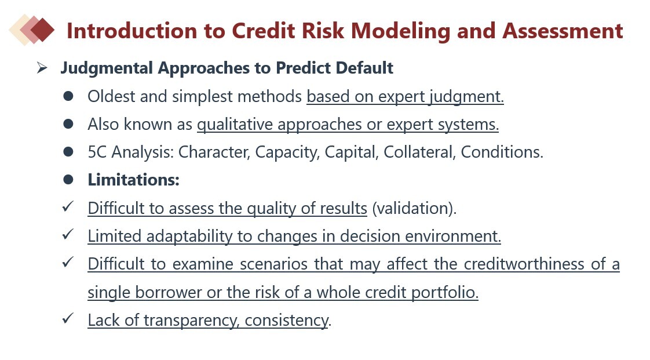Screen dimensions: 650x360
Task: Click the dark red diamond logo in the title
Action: pyautogui.click(x=42, y=30)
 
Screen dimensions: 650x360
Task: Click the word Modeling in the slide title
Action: pyautogui.click(x=400, y=31)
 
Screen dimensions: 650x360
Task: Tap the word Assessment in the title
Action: pyautogui.click(x=563, y=31)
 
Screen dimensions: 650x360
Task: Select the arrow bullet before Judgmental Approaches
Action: pyautogui.click(x=42, y=68)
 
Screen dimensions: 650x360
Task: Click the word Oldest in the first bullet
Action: pyautogui.click(x=111, y=97)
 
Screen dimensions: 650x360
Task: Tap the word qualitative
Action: pyautogui.click(x=235, y=125)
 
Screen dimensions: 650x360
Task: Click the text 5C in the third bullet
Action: pyautogui.click(x=97, y=152)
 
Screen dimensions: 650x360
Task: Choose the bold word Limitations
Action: pyautogui.click(x=133, y=180)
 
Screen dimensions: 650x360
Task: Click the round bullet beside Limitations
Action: pyautogui.click(x=68, y=180)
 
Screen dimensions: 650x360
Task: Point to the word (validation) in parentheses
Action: pyautogui.click(x=415, y=208)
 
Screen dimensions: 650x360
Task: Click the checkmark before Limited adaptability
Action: pyautogui.click(x=68, y=235)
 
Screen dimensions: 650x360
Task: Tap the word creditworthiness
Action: pyautogui.click(x=524, y=264)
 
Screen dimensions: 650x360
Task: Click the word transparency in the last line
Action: pyautogui.click(x=192, y=321)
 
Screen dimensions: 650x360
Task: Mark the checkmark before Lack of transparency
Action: pyautogui.click(x=68, y=318)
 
